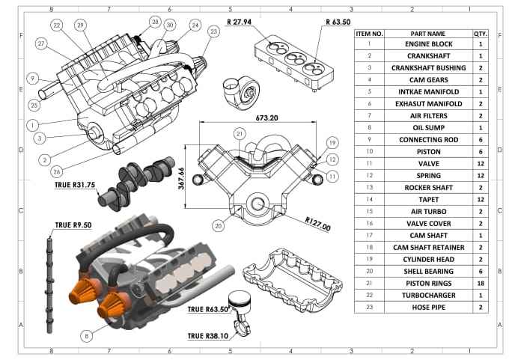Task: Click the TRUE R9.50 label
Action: point(71,224)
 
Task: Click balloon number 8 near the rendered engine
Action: point(87,337)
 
